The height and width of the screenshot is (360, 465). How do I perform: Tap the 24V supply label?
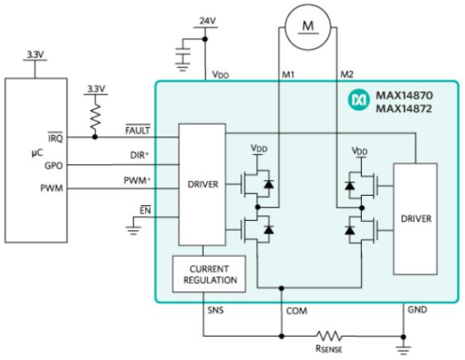pos(208,21)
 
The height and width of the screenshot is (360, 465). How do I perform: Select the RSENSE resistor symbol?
pos(328,336)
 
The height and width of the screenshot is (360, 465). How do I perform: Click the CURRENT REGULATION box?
pos(209,274)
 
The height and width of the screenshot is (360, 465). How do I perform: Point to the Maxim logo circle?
pos(359,101)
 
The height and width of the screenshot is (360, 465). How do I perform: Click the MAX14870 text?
pos(404,95)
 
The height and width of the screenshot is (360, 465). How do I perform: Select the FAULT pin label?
pos(138,130)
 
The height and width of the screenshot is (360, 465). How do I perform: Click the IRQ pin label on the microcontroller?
pos(55,137)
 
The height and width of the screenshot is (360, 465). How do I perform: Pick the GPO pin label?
pos(54,165)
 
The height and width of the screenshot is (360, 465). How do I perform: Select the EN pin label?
pos(145,210)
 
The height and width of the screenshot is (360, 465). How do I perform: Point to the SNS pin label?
pos(215,311)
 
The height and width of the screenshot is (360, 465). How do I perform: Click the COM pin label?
pos(297,311)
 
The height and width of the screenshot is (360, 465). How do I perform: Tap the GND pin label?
pos(417,310)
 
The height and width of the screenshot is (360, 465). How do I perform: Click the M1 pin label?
pos(288,75)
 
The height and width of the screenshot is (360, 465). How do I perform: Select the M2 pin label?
pos(347,75)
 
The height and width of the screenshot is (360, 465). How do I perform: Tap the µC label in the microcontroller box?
pos(37,153)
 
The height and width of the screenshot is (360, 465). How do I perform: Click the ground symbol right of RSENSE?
pos(403,348)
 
